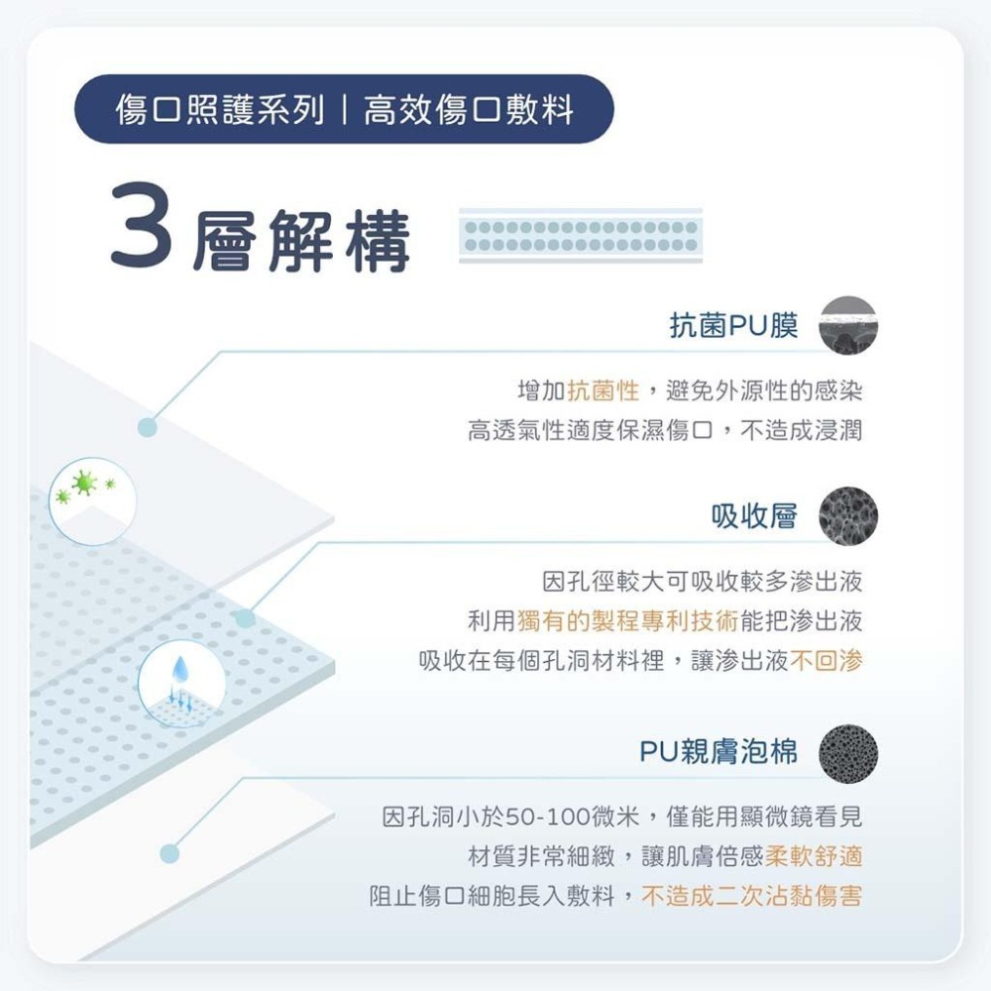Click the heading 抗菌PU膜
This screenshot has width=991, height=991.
click(x=733, y=325)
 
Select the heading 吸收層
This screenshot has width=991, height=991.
click(x=754, y=516)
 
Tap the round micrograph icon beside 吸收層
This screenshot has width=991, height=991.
click(x=848, y=516)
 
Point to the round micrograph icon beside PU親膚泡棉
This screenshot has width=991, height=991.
click(x=848, y=752)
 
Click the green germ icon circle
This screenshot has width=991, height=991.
click(x=85, y=488)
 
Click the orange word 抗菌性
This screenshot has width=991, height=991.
click(x=604, y=391)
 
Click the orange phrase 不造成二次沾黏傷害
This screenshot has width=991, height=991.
click(x=751, y=897)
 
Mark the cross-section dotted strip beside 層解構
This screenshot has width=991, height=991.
click(x=580, y=236)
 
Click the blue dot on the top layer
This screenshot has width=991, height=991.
click(x=148, y=427)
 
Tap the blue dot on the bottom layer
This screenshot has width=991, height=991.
click(x=169, y=852)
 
